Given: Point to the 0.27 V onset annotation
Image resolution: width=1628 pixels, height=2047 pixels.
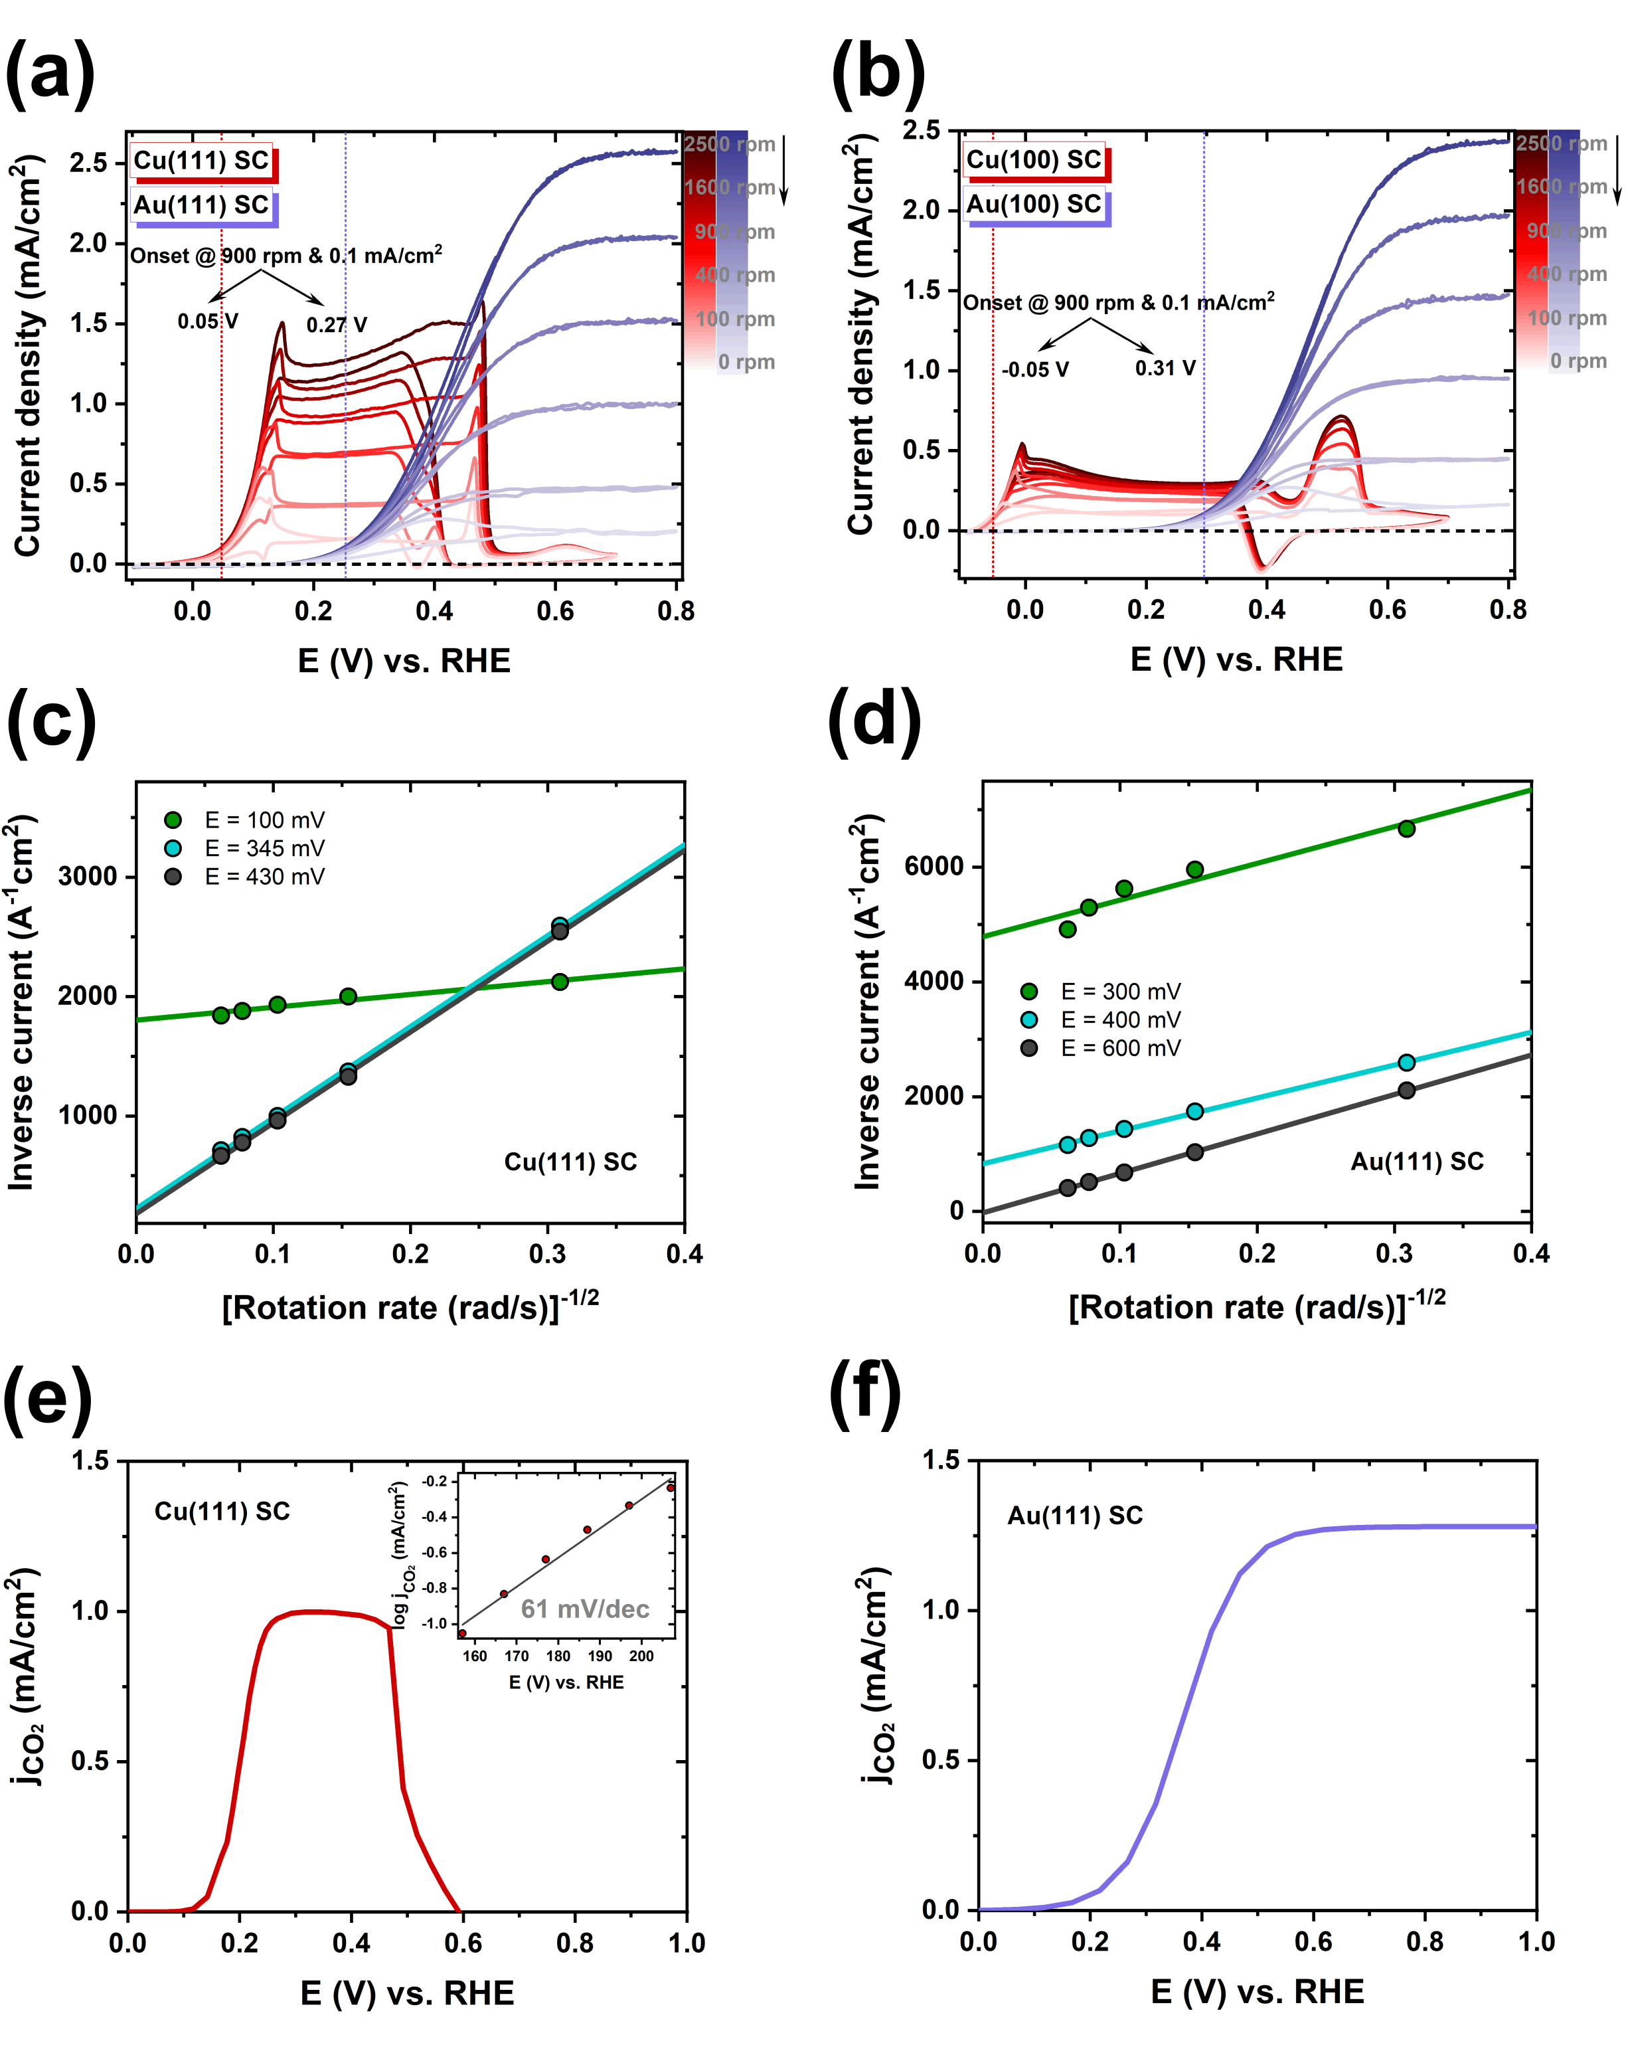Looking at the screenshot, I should (336, 325).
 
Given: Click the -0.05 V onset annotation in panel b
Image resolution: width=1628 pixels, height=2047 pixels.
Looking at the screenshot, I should (1034, 369).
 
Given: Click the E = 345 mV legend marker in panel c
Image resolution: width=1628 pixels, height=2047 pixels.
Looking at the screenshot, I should (173, 848).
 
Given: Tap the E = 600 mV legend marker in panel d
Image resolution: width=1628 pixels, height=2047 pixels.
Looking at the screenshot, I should (1029, 1048).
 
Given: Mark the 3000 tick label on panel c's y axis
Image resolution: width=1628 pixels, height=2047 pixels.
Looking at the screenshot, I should (88, 876).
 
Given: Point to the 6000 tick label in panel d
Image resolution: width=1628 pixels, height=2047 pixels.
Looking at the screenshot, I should (934, 866).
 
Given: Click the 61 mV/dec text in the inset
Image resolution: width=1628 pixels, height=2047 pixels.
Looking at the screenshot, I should (585, 1609).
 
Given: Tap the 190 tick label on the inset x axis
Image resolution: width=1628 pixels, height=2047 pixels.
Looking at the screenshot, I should (600, 1656).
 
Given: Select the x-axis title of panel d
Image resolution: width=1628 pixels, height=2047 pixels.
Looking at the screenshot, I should (1257, 1307).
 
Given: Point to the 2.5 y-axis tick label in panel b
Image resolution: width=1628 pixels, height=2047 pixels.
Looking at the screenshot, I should (921, 130).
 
